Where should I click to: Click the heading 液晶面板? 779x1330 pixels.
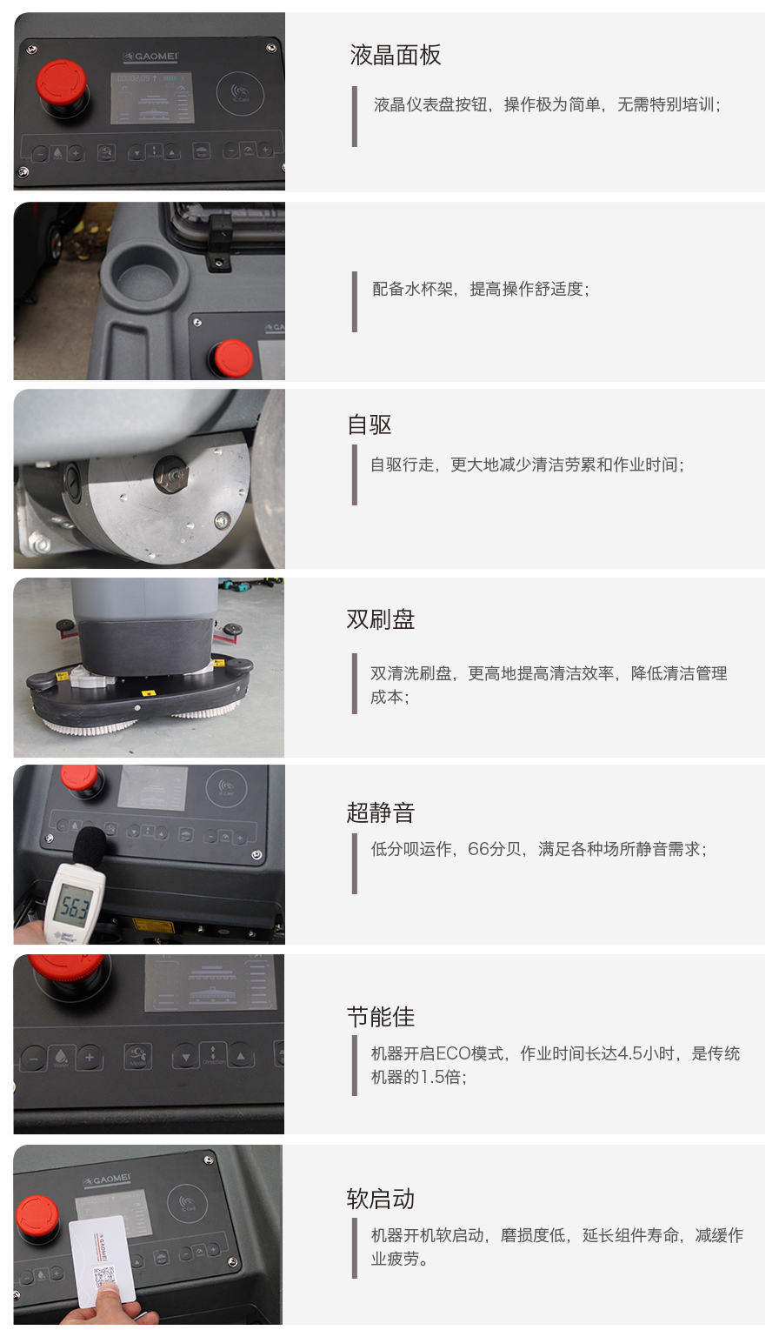click(395, 55)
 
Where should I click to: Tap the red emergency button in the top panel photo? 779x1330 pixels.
click(62, 83)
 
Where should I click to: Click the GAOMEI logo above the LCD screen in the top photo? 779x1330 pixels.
click(150, 57)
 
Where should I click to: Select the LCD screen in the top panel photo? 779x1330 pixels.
click(152, 97)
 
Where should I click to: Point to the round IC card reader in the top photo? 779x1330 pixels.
click(240, 93)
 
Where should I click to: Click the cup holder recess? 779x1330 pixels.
click(145, 271)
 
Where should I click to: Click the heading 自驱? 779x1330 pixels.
click(370, 425)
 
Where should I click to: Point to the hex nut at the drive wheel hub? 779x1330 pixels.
click(172, 474)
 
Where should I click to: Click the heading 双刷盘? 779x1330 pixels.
click(381, 619)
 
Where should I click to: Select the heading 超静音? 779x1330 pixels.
click(381, 812)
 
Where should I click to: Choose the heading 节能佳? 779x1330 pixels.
click(381, 1017)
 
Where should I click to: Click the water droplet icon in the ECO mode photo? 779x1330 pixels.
click(61, 1056)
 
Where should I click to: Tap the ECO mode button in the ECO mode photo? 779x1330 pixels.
click(137, 1056)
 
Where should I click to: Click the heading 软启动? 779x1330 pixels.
click(381, 1200)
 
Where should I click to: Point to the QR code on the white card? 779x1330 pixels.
click(103, 1276)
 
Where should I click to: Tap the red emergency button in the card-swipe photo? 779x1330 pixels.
click(37, 1216)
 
